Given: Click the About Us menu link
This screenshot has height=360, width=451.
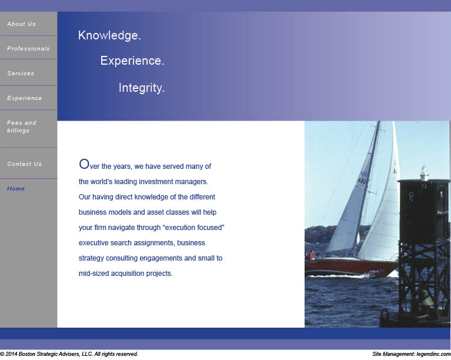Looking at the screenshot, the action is pos(21,24).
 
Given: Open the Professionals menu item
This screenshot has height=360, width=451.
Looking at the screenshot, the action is pos(28,49).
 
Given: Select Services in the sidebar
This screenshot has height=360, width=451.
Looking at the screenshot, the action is pos(21,74).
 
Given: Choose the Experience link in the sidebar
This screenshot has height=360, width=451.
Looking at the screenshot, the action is pos(25,98).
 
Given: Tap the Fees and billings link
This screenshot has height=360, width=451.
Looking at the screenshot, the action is pos(22,126).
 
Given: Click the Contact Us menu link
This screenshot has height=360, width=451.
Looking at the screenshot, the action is pos(25,164).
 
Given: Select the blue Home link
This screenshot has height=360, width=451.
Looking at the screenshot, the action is pos(16,188).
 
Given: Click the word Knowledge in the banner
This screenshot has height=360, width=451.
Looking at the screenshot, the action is pos(109,35).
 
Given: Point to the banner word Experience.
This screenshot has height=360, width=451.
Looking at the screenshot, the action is pos(132,61).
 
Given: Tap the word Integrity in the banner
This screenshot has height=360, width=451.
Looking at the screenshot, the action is pos(142,88).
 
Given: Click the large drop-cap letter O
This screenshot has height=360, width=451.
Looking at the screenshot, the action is pos(84,164).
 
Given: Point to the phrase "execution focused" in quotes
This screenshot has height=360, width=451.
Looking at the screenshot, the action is pos(193,228).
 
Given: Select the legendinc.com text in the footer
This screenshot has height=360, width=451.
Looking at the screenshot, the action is pos(433,354).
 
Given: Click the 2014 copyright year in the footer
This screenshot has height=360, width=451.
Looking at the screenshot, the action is pos(11,354).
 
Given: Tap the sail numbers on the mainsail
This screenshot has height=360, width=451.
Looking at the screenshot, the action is pos(363,178).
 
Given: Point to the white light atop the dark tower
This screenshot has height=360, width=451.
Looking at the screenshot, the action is pos(425,174).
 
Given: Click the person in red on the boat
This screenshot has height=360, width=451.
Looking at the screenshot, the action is pos(312,255).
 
